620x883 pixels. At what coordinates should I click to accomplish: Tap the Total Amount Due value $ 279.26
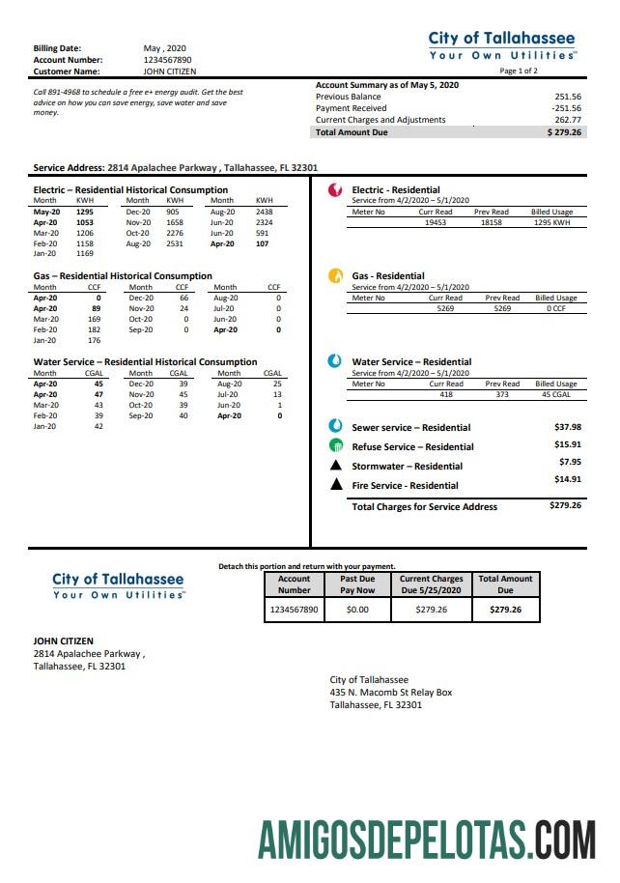point(564,132)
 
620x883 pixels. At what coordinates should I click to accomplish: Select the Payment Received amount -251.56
point(567,108)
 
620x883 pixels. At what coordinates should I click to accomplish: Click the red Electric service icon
point(335,190)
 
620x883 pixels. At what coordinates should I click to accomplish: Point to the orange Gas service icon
point(335,275)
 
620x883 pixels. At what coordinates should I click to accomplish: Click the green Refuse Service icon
point(335,446)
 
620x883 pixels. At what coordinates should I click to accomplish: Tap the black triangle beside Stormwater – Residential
point(336,466)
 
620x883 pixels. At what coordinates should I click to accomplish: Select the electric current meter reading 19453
point(435,222)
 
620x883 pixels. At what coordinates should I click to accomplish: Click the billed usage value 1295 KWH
point(553,222)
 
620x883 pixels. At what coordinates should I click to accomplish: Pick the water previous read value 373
point(493,394)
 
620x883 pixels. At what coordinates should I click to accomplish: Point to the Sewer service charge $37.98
point(567,426)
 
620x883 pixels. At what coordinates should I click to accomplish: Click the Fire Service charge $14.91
point(567,479)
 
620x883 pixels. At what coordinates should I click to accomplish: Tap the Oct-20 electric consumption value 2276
point(174,233)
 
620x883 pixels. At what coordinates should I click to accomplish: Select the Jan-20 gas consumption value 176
point(94,340)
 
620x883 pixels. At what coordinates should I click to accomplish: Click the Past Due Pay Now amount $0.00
point(357,611)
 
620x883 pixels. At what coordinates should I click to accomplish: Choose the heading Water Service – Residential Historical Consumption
point(145,361)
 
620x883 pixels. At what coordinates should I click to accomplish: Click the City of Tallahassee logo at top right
point(502,45)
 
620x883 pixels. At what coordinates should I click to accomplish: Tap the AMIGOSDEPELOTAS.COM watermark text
point(427,837)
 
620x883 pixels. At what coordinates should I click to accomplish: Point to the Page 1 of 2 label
point(520,71)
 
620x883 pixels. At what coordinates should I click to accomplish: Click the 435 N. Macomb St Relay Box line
point(390,693)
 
